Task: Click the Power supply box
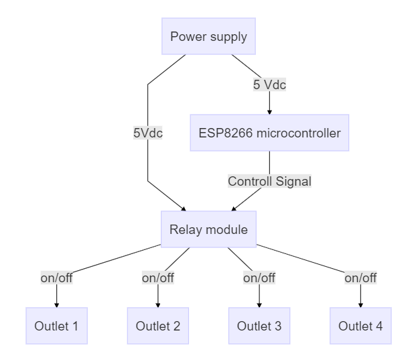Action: (208, 36)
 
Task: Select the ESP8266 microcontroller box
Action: (269, 132)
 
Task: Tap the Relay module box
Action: (208, 230)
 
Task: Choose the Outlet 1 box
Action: (56, 326)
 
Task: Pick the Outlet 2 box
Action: (157, 326)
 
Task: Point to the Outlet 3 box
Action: (259, 326)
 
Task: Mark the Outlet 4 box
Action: (361, 326)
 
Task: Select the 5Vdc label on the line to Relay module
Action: (148, 132)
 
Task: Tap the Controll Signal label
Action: (269, 181)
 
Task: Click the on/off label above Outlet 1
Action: (56, 278)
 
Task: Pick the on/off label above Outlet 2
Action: (157, 278)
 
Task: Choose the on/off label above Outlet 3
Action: (259, 278)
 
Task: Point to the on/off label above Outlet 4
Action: (361, 278)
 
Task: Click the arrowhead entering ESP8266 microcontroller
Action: (269, 112)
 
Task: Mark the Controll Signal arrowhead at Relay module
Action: (233, 209)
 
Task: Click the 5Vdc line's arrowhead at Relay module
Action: (185, 209)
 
